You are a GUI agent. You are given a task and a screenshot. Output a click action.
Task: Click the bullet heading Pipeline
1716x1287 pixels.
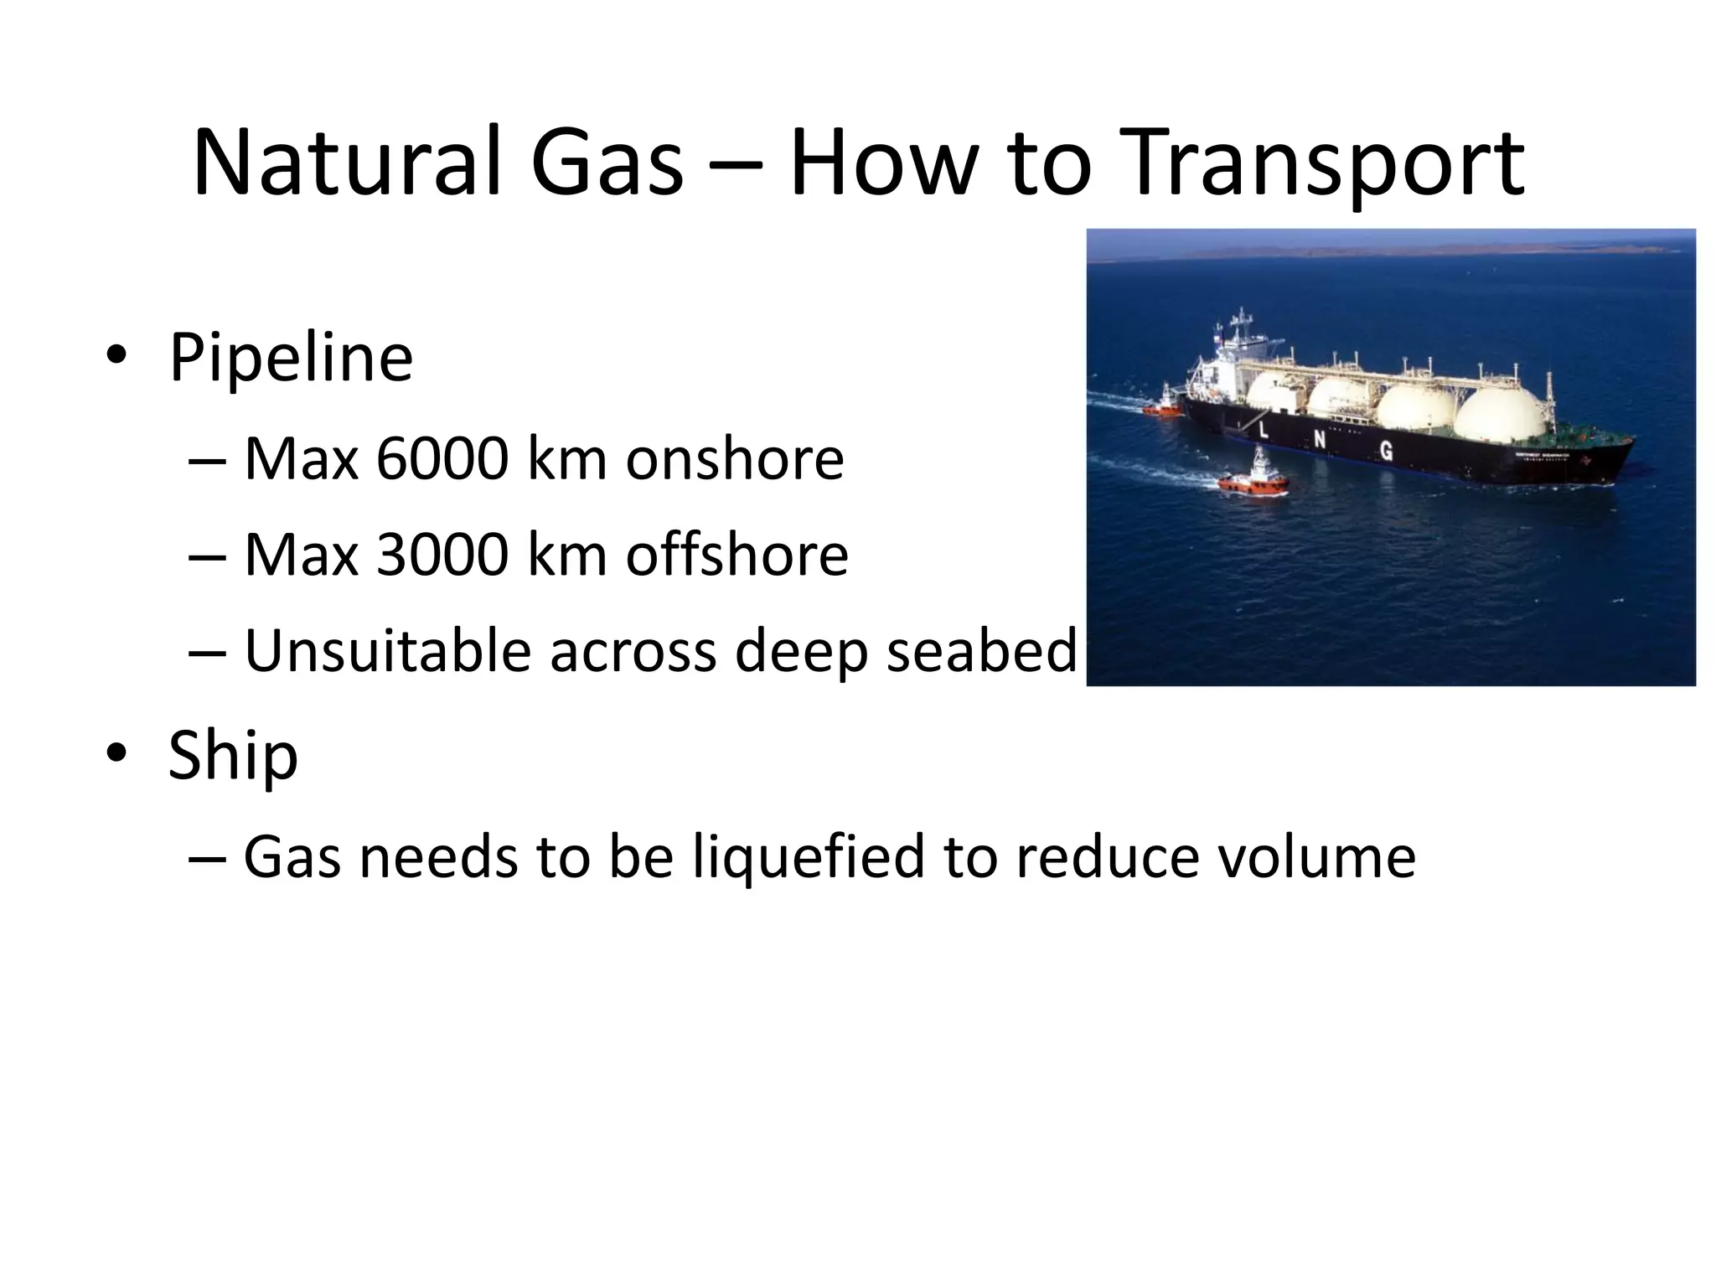tap(291, 358)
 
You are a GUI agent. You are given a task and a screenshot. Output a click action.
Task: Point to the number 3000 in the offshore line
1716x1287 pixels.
tap(442, 556)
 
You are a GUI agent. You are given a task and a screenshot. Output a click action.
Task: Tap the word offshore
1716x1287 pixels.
tap(737, 556)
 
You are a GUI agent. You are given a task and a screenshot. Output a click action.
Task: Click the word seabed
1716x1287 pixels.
tap(980, 651)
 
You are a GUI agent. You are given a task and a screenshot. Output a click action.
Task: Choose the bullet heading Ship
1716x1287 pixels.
tap(233, 755)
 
